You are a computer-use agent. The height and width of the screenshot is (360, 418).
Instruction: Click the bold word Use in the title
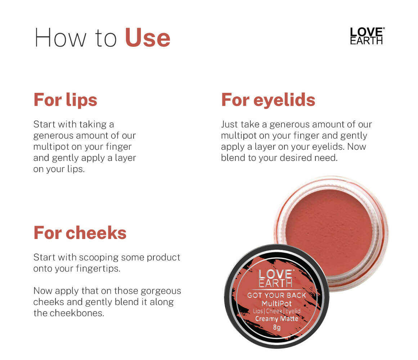[148, 38]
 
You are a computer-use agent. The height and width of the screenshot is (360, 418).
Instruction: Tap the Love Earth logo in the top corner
[367, 36]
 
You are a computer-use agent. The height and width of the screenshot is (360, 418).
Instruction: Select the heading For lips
[65, 100]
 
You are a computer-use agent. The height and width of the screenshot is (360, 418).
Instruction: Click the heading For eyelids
[268, 100]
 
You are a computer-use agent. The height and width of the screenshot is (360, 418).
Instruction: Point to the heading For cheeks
[80, 233]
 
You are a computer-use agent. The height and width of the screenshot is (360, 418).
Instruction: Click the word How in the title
[60, 38]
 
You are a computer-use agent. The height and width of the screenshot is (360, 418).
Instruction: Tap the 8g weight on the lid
[277, 327]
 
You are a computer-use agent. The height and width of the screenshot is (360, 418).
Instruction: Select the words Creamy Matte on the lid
[277, 318]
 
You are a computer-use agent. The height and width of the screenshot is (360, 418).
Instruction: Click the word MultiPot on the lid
[277, 303]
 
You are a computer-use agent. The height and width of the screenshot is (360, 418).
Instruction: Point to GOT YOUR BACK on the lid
[277, 295]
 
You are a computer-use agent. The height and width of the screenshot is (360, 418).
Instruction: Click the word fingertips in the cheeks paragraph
[98, 269]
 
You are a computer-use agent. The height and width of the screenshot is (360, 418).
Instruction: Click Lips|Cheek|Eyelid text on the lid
[277, 311]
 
